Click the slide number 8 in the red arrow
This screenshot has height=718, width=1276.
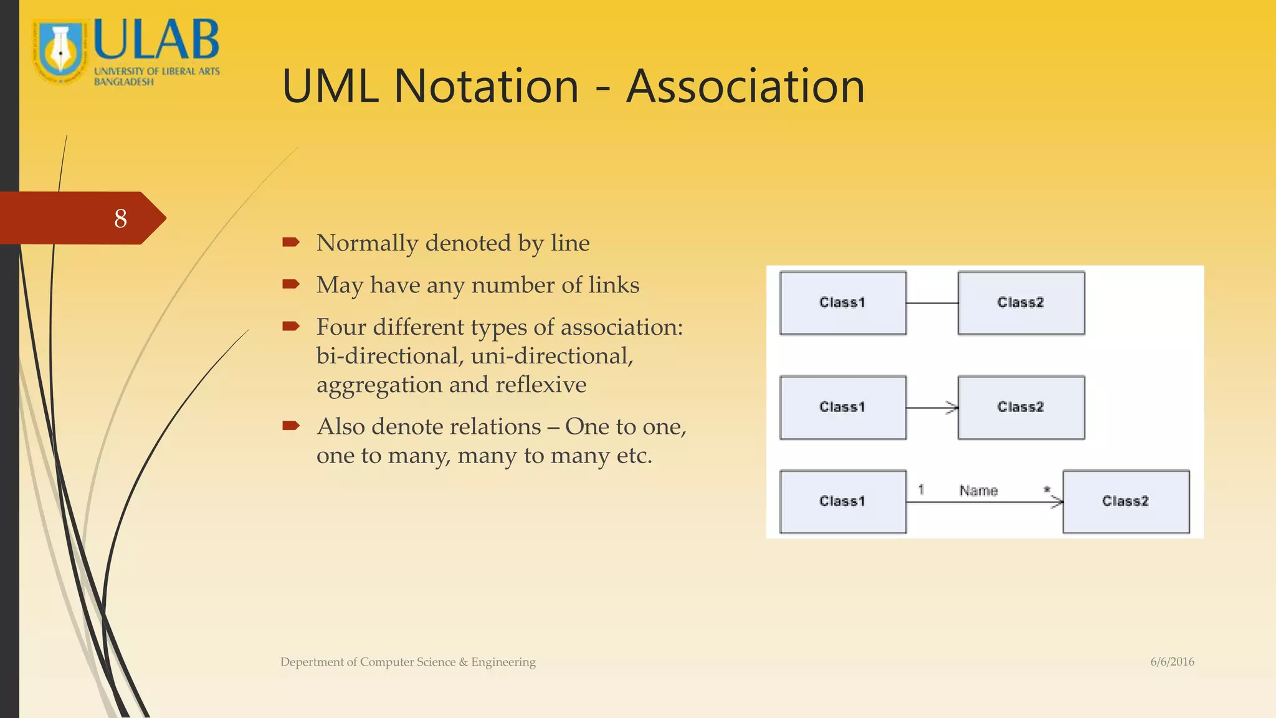(121, 218)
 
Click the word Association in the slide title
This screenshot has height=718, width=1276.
(745, 86)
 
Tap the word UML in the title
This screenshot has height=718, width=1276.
(330, 86)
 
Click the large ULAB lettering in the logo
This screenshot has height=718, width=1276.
(156, 39)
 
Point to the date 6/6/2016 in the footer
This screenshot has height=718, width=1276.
(1172, 662)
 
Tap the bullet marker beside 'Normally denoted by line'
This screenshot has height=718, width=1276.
(291, 242)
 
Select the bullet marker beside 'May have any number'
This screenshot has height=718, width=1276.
(291, 285)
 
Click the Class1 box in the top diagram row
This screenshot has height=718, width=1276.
(842, 303)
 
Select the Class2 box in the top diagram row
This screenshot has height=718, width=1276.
(1021, 303)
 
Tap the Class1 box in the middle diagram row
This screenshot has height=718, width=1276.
(842, 408)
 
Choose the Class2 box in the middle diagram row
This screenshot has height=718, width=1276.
(1021, 408)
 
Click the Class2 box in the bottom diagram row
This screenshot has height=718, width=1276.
(1125, 502)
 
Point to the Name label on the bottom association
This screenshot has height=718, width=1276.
(978, 491)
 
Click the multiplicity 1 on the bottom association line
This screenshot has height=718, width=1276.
(921, 490)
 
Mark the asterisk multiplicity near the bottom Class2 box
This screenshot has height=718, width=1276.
(1047, 490)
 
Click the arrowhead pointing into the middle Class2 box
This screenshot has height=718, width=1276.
(952, 408)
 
